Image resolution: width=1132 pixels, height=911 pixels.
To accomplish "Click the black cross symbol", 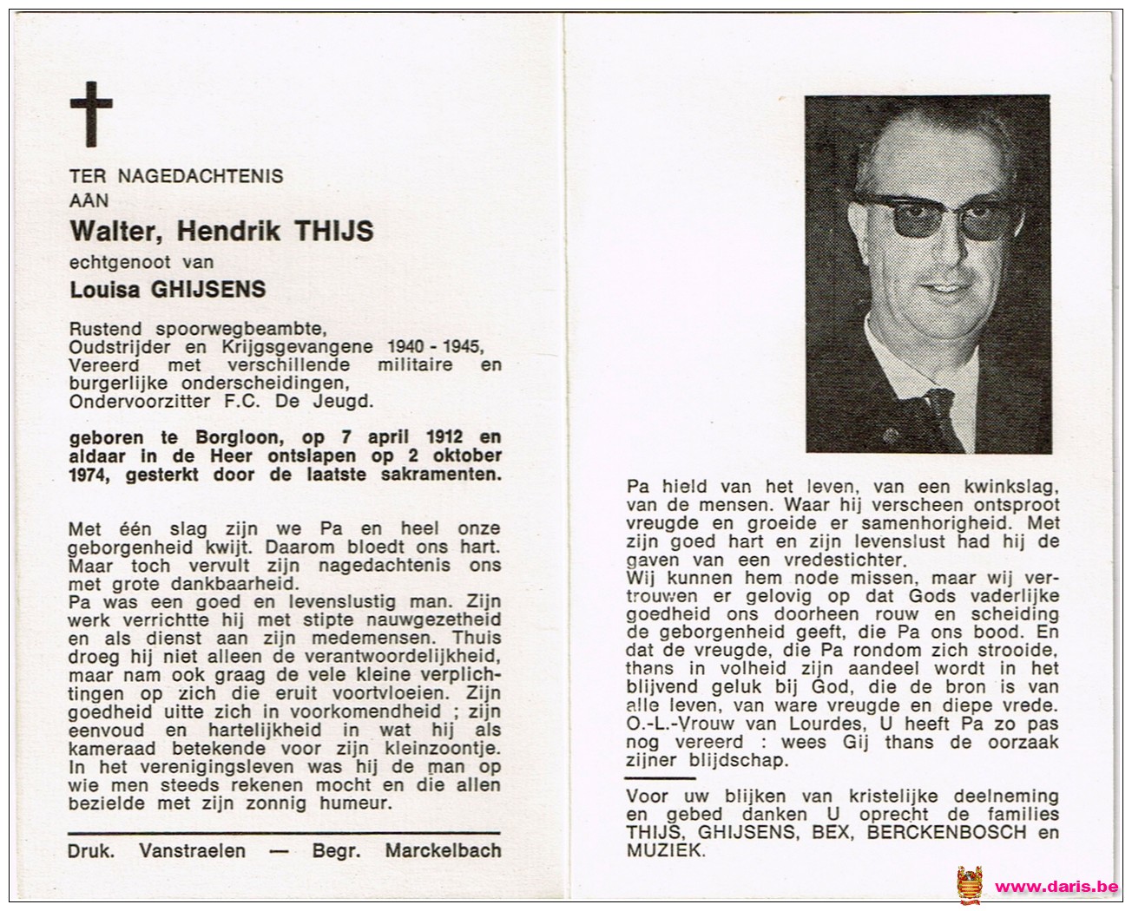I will (91, 114).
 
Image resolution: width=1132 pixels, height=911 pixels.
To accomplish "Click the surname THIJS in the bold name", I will (335, 231).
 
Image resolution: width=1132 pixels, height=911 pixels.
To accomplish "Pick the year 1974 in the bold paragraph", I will (89, 475).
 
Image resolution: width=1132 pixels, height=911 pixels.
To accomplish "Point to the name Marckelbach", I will (444, 850).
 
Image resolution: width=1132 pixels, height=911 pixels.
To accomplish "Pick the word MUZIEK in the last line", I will (664, 852).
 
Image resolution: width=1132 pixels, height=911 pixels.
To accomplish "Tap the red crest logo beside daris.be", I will (971, 885).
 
